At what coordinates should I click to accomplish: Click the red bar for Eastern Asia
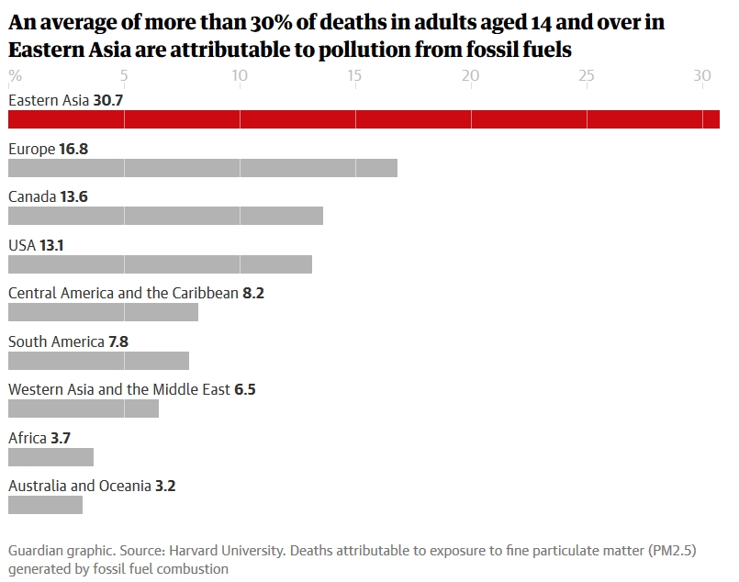point(364,119)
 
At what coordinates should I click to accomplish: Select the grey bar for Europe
point(202,168)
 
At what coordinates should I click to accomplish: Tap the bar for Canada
point(165,216)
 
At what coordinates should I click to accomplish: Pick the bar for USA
point(160,264)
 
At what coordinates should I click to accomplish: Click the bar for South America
point(98,361)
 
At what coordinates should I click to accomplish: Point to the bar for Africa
point(50,457)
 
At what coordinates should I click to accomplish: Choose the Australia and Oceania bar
point(45,505)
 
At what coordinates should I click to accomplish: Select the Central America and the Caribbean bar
point(103,312)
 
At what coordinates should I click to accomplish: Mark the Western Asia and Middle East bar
point(83,409)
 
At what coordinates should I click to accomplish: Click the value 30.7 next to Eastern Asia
point(109,100)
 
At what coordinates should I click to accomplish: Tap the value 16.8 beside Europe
point(73,149)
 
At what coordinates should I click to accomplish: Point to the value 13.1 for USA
point(51,245)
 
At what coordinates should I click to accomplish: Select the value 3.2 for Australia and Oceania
point(165,486)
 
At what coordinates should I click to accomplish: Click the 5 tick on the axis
point(124,75)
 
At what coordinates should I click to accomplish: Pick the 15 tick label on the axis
point(354,75)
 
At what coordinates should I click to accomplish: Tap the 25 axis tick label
point(586,75)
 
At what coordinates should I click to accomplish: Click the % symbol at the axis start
point(15,75)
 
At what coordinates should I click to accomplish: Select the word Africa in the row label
point(28,438)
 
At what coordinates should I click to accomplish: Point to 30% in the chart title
point(268,23)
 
